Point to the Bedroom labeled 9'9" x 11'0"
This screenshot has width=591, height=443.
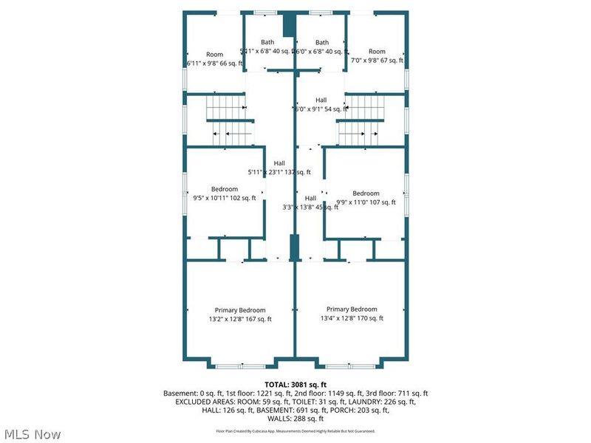(x=365, y=197)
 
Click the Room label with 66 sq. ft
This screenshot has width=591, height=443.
(x=214, y=59)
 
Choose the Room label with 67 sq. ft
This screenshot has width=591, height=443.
(x=377, y=56)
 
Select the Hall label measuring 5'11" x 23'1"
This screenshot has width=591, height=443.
(x=279, y=168)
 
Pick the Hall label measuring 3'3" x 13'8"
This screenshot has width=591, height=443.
(x=310, y=203)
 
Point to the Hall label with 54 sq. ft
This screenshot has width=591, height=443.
(x=321, y=104)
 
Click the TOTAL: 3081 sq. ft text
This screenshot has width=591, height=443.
(x=295, y=385)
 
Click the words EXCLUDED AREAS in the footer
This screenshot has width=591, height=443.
(x=208, y=402)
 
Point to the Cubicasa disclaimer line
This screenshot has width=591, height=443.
(x=295, y=431)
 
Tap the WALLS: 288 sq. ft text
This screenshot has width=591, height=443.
(x=295, y=419)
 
